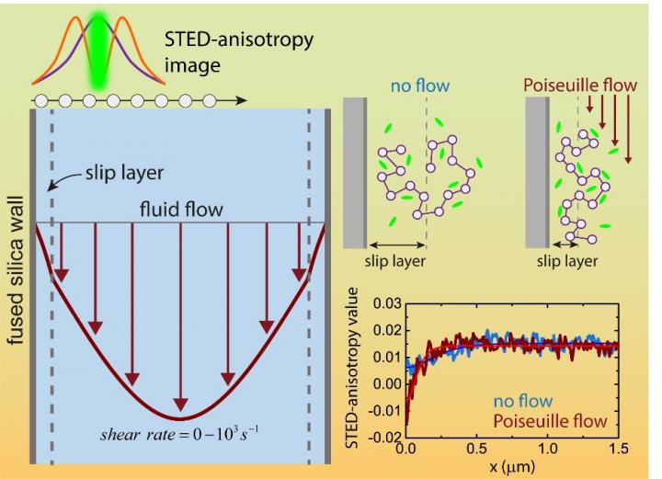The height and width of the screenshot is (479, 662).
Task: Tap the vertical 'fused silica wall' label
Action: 16,266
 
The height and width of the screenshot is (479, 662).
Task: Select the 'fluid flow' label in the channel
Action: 181,210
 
